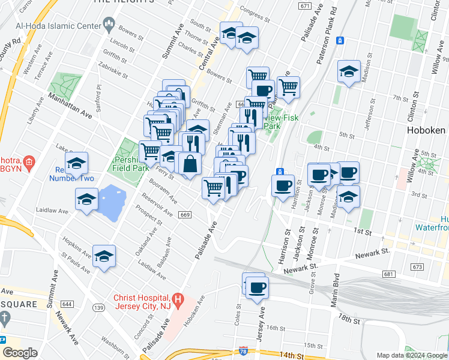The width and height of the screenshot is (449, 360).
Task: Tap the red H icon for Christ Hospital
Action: point(178,298)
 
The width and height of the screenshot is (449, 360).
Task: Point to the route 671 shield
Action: point(304,6)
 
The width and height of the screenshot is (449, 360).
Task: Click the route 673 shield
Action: point(418,266)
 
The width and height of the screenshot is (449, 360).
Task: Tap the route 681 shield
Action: point(390,274)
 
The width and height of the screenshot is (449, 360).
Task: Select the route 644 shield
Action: point(67,305)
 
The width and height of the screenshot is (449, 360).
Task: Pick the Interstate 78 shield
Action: point(243,350)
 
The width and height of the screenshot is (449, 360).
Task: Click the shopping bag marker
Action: point(190,164)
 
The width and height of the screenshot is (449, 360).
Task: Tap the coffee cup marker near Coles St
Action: point(257,287)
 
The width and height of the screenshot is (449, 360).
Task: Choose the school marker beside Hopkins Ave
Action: point(104,256)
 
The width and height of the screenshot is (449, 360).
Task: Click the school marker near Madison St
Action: point(348,72)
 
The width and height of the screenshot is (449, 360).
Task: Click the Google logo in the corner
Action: point(20,353)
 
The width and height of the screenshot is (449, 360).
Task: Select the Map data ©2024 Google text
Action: point(412,355)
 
